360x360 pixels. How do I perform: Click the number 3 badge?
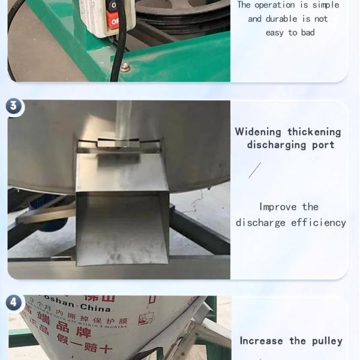pyautogui.click(x=14, y=107)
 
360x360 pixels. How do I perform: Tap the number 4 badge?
pyautogui.click(x=14, y=302)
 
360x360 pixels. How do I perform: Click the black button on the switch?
pyautogui.click(x=112, y=5)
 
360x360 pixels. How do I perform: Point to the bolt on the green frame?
pyautogui.click(x=125, y=67)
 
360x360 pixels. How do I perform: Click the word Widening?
pyautogui.click(x=258, y=132)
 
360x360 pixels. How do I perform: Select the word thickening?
pyautogui.click(x=314, y=132)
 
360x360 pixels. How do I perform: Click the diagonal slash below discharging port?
pyautogui.click(x=255, y=170)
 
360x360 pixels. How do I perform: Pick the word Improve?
pyautogui.click(x=279, y=207)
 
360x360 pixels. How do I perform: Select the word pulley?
pyautogui.click(x=327, y=341)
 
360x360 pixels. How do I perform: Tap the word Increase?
pyautogui.click(x=261, y=341)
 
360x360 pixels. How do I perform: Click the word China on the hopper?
pyautogui.click(x=94, y=308)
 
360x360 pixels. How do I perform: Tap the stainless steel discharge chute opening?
pyautogui.click(x=122, y=228)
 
